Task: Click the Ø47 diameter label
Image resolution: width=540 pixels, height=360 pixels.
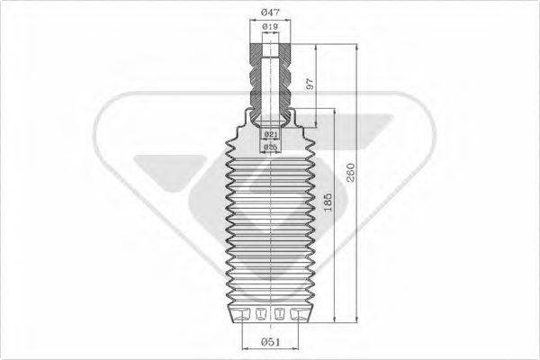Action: (x=270, y=11)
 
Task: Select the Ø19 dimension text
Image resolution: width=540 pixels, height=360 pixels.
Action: (x=269, y=28)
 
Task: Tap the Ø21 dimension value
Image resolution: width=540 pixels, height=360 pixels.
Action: (x=269, y=133)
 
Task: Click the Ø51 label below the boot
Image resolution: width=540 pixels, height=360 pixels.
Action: (x=270, y=342)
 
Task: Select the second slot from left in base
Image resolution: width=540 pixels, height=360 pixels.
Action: (x=261, y=313)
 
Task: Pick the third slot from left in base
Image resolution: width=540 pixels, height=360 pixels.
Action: (x=278, y=313)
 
